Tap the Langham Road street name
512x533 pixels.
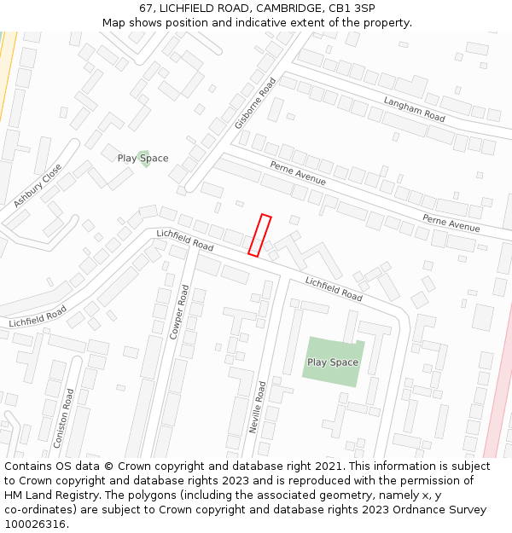414,109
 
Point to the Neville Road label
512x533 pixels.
257,408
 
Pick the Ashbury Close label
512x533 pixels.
38,186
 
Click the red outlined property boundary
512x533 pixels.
259,235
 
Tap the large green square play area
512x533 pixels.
333,362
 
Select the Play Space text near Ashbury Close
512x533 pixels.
143,159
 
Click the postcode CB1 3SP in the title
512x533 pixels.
352,8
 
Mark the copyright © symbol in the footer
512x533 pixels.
108,466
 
